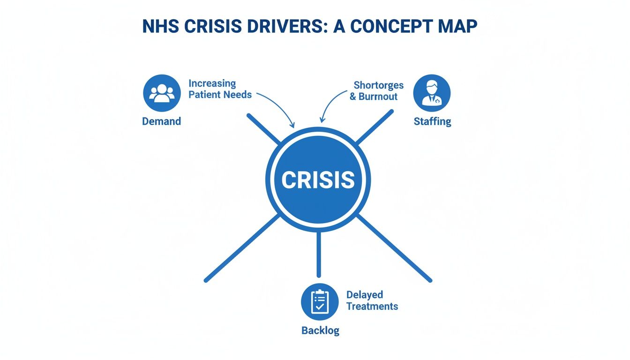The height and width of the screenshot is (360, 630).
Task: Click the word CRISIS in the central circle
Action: coord(318,180)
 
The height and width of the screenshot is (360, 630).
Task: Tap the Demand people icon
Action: coord(162,93)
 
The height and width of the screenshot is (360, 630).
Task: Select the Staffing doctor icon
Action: coord(432,93)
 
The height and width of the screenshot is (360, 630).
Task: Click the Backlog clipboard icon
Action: coord(319,302)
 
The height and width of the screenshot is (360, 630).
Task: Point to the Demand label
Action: coord(161,121)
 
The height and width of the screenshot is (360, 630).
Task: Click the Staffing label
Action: coord(432,121)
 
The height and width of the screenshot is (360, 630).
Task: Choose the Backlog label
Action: coord(320,330)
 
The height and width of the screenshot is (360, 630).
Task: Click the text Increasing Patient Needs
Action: coord(220,89)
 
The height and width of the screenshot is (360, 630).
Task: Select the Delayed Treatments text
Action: coord(372,300)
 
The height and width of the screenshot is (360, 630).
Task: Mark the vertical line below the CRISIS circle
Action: coord(319,253)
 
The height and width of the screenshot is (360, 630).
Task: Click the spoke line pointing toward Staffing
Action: coord(374,127)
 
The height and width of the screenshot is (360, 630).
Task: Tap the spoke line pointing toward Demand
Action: coord(263,127)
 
